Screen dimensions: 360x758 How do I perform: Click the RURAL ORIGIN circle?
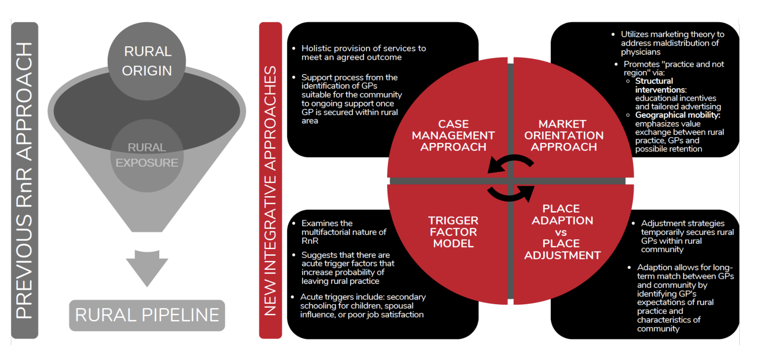click(x=147, y=61)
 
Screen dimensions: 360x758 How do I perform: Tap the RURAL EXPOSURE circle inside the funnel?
click(x=147, y=155)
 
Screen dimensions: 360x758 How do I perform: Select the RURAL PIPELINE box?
click(x=147, y=315)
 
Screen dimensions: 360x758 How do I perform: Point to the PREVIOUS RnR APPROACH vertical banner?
click(x=24, y=180)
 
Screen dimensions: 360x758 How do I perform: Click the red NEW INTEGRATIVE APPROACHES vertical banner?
click(x=270, y=180)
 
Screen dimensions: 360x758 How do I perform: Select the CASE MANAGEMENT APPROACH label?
click(x=453, y=135)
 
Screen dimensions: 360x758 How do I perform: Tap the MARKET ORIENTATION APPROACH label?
click(x=563, y=135)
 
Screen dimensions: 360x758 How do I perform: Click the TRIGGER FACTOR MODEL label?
click(x=453, y=232)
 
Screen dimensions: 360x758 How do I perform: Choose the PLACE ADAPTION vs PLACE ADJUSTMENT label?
click(x=562, y=232)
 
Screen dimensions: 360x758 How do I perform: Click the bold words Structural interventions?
click(x=660, y=86)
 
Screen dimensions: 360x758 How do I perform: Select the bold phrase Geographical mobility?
click(x=678, y=115)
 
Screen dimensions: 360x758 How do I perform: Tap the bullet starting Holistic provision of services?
click(x=363, y=53)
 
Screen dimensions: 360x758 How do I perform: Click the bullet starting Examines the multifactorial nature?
click(x=343, y=232)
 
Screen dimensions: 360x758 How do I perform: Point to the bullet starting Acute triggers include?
click(x=362, y=306)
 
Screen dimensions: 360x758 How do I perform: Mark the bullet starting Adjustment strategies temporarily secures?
click(x=687, y=236)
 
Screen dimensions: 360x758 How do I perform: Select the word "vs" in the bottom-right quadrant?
click(x=561, y=232)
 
